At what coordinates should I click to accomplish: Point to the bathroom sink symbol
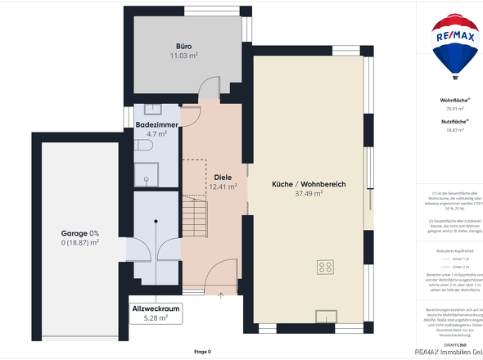pyautogui.click(x=152, y=108)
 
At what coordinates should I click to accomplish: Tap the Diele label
pyautogui.click(x=223, y=177)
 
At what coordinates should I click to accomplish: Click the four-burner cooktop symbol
pyautogui.click(x=325, y=266)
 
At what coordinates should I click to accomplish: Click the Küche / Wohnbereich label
pyautogui.click(x=309, y=184)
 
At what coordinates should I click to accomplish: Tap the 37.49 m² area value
pyautogui.click(x=309, y=195)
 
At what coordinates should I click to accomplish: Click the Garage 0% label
pyautogui.click(x=79, y=232)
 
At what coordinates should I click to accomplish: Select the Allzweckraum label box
pyautogui.click(x=155, y=313)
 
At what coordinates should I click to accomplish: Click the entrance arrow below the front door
pyautogui.click(x=221, y=293)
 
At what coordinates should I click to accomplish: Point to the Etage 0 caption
pyautogui.click(x=202, y=352)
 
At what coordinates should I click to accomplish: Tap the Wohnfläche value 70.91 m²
pyautogui.click(x=455, y=108)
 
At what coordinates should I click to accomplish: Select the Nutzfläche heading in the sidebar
pyautogui.click(x=454, y=120)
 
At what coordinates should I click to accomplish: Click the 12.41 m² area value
pyautogui.click(x=223, y=187)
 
